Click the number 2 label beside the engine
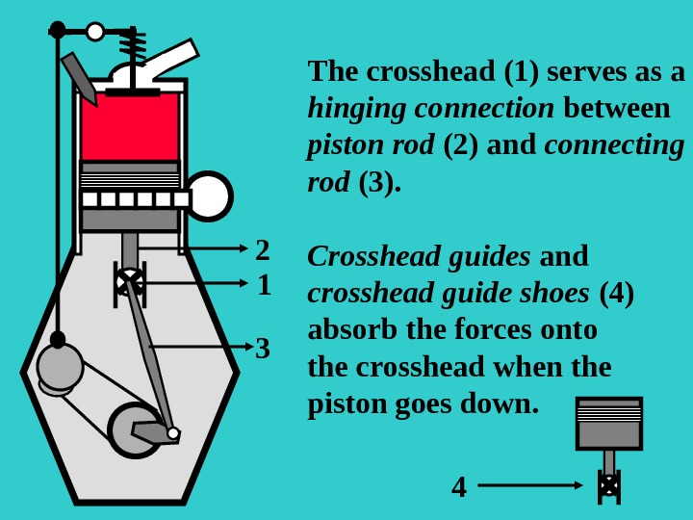click(262, 250)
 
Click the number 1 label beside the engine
click(263, 285)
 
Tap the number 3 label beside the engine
click(263, 348)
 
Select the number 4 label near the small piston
click(459, 487)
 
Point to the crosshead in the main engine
click(129, 281)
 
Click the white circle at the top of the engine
click(95, 32)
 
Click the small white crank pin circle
click(173, 433)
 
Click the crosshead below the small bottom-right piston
click(608, 485)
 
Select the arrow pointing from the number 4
click(530, 486)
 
